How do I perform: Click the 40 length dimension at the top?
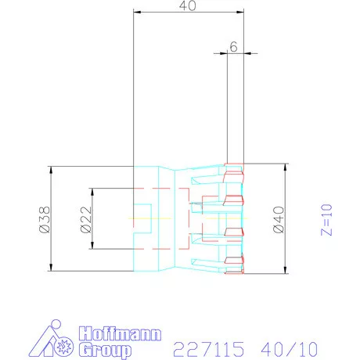(x=188, y=5)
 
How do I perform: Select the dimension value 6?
(x=233, y=47)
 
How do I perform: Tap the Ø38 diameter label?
(x=45, y=219)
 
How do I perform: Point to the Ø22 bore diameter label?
(x=86, y=219)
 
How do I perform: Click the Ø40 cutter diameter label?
(x=279, y=219)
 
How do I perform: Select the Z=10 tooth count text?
(x=326, y=220)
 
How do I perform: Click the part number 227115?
(x=209, y=349)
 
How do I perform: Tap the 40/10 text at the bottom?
(x=290, y=349)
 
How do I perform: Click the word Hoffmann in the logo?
(x=120, y=333)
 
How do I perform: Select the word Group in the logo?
(x=105, y=350)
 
